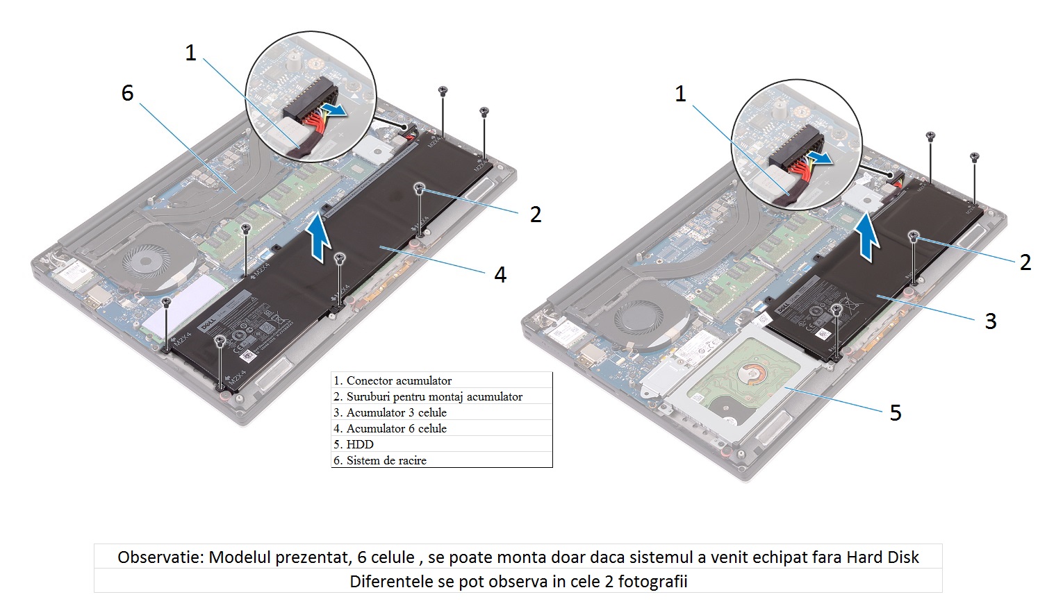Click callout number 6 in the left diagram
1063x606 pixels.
coord(127,93)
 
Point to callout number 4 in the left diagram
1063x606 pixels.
coord(500,275)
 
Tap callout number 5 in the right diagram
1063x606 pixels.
coord(896,413)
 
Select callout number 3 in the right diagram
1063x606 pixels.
coord(991,321)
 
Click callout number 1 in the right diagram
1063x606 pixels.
coord(681,94)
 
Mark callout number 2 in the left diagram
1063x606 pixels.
coord(536,214)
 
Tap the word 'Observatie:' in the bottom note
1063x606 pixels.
coord(160,557)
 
